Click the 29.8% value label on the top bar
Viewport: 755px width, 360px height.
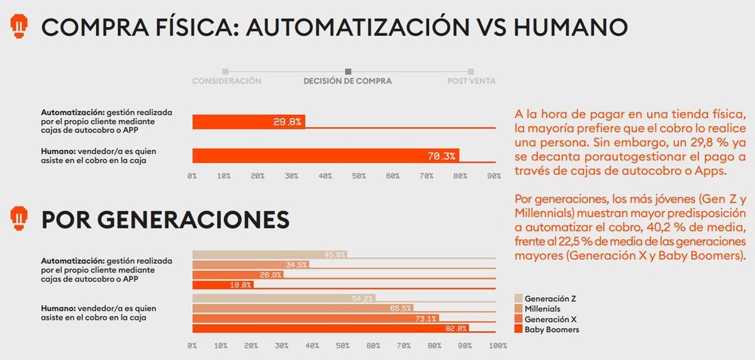coord(287,122)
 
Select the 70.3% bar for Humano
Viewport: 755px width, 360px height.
coord(326,155)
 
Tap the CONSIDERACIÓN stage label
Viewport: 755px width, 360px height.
coord(226,81)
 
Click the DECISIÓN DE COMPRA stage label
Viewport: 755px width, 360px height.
coord(347,81)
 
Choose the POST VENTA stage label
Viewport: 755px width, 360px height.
coord(471,81)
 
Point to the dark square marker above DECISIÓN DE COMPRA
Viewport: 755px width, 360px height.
coord(349,72)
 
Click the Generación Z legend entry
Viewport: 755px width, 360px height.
coord(550,298)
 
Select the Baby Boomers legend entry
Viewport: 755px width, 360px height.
coord(551,329)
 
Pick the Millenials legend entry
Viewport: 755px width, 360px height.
coord(542,308)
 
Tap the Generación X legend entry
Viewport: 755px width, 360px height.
coord(550,319)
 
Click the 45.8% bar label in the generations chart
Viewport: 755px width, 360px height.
coord(335,255)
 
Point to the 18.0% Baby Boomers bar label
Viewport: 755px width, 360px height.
coord(242,284)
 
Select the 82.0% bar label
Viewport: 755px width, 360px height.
coord(456,328)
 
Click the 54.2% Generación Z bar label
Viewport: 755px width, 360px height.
coord(363,298)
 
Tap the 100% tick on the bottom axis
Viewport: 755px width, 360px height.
coord(497,346)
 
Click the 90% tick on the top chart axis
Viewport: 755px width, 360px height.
coord(493,176)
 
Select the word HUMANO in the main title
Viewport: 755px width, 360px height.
coord(570,27)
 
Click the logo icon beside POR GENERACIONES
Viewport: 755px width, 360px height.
coord(20,217)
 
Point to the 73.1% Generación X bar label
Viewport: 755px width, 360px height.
coord(426,318)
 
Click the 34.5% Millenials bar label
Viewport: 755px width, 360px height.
coord(296,265)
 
